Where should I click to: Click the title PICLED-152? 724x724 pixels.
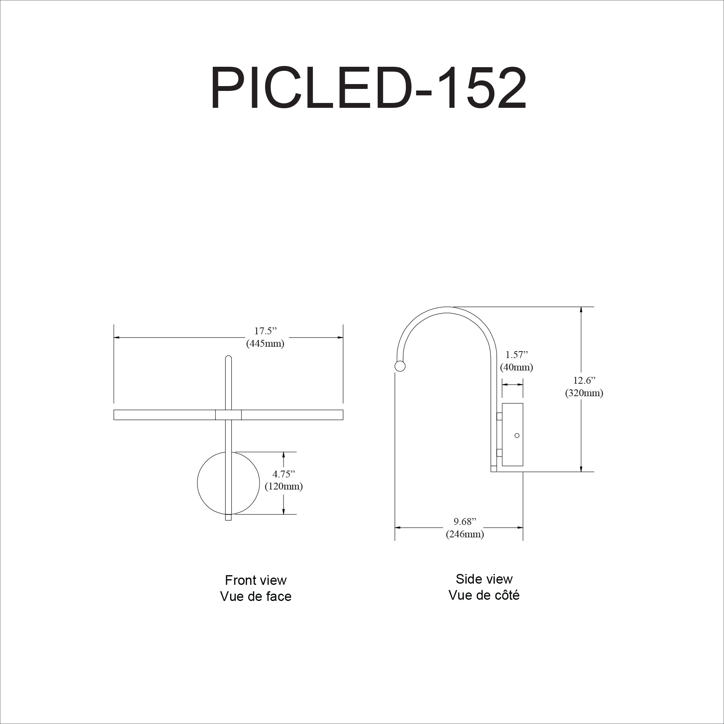pyautogui.click(x=368, y=88)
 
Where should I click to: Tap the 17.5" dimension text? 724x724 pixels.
pyautogui.click(x=266, y=331)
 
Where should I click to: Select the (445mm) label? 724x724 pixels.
pyautogui.click(x=265, y=344)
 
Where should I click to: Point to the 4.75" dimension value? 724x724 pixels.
pyautogui.click(x=284, y=474)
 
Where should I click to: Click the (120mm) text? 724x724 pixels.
pyautogui.click(x=284, y=487)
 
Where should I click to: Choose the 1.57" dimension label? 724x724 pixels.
pyautogui.click(x=517, y=355)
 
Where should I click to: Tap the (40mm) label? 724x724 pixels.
pyautogui.click(x=517, y=367)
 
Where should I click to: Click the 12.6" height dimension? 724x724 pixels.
pyautogui.click(x=584, y=380)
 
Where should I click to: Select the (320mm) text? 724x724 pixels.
pyautogui.click(x=584, y=393)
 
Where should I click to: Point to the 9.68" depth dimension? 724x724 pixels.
pyautogui.click(x=465, y=522)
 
